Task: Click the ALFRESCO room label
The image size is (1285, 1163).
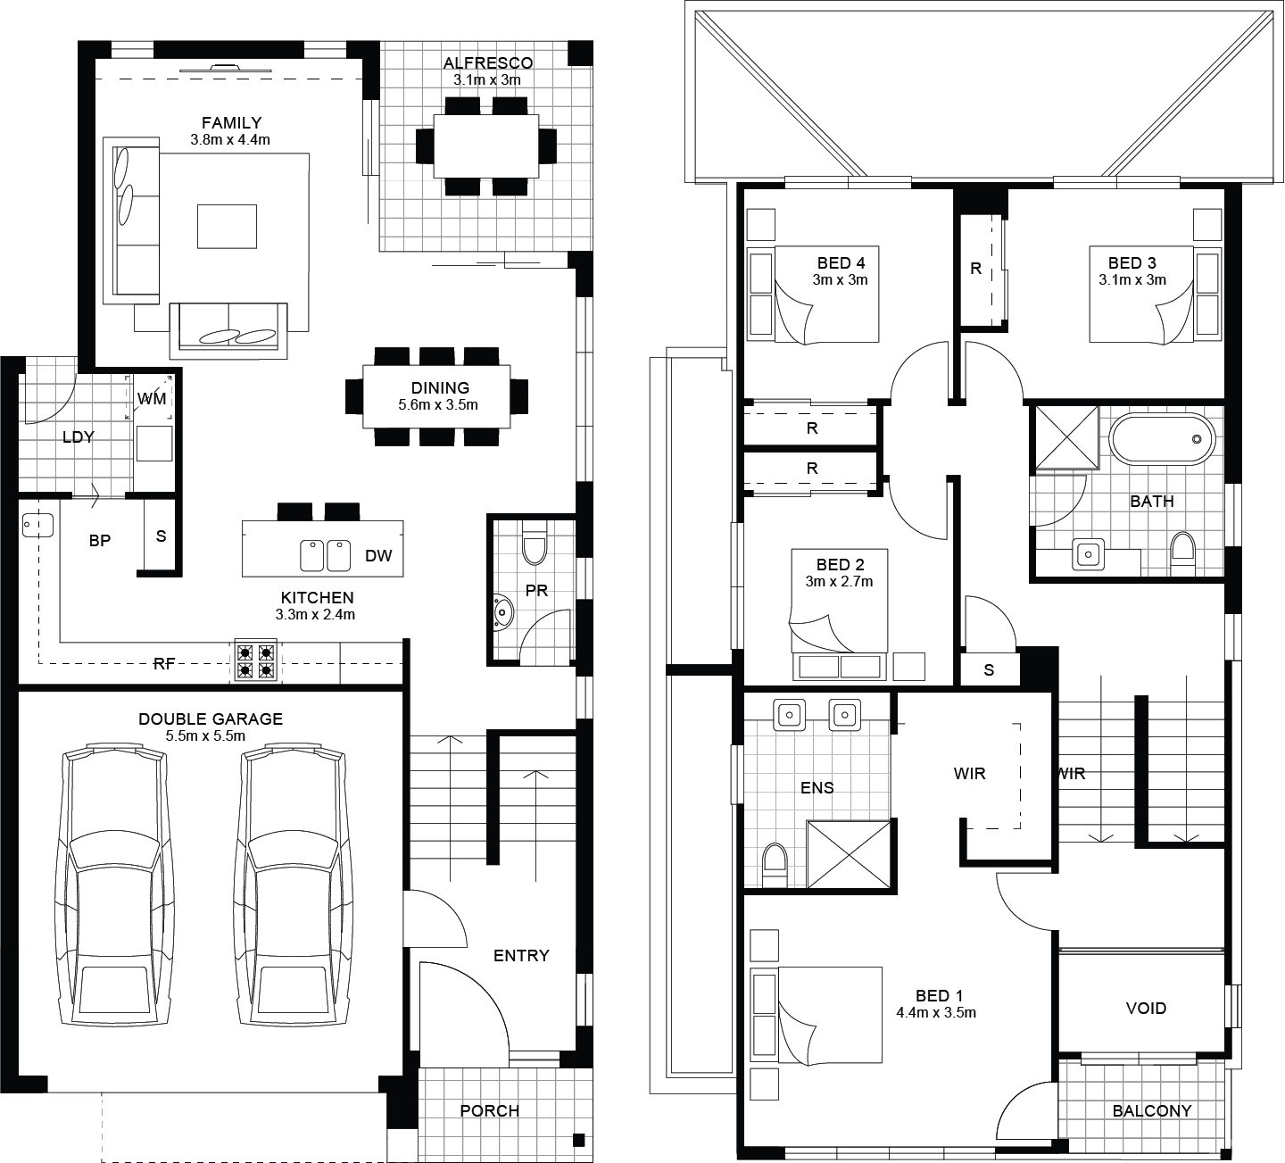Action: [488, 62]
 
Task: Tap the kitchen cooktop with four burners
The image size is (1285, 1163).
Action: [255, 660]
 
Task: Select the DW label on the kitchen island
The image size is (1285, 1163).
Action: [378, 555]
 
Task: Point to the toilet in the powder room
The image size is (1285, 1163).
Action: [535, 543]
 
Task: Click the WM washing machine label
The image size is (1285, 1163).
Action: [152, 399]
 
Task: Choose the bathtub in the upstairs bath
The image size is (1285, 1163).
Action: [1162, 439]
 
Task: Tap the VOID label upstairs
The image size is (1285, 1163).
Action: [1146, 1009]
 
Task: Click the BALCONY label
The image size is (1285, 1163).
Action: [1152, 1110]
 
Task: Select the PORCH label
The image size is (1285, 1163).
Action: [489, 1110]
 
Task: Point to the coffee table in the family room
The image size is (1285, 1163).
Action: [227, 226]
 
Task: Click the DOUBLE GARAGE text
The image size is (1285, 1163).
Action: [210, 719]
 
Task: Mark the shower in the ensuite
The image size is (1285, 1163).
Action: [848, 854]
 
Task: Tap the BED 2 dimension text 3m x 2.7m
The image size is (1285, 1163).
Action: [839, 581]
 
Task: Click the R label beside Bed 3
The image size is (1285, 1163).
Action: [975, 269]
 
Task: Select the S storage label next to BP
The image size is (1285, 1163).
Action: [161, 536]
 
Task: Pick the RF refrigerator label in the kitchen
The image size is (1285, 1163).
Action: [164, 664]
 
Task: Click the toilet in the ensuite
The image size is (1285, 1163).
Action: [775, 865]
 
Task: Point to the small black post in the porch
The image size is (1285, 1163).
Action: [578, 1140]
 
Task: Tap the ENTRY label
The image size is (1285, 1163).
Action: [521, 955]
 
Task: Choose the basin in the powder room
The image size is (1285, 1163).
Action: [503, 613]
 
